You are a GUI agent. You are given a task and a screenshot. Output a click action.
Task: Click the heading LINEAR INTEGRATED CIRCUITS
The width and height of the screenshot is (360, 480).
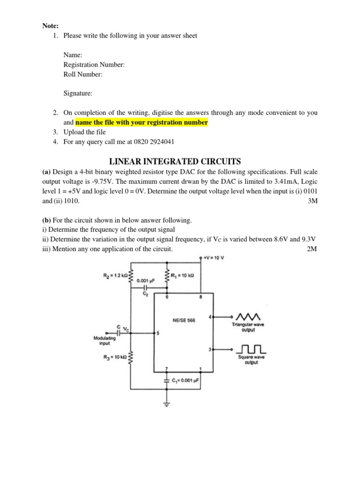point(180,162)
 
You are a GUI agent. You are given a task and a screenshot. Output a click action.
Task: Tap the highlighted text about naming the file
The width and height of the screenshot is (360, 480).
point(142,122)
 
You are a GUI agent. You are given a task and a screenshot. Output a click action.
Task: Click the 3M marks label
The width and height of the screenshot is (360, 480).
point(312,201)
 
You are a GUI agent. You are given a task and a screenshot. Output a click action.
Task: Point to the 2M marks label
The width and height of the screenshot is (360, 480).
point(312,249)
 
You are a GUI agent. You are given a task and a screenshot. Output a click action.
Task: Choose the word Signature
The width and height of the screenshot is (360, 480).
point(78,93)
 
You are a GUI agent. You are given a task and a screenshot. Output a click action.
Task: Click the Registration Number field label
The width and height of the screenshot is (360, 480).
point(94,65)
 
